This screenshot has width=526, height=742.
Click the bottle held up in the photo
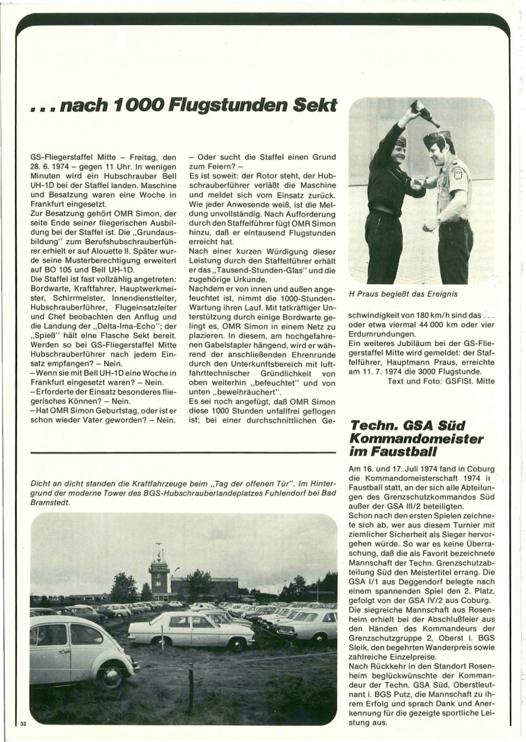(x=425, y=113)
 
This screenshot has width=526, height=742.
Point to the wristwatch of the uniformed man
(x=439, y=219)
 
